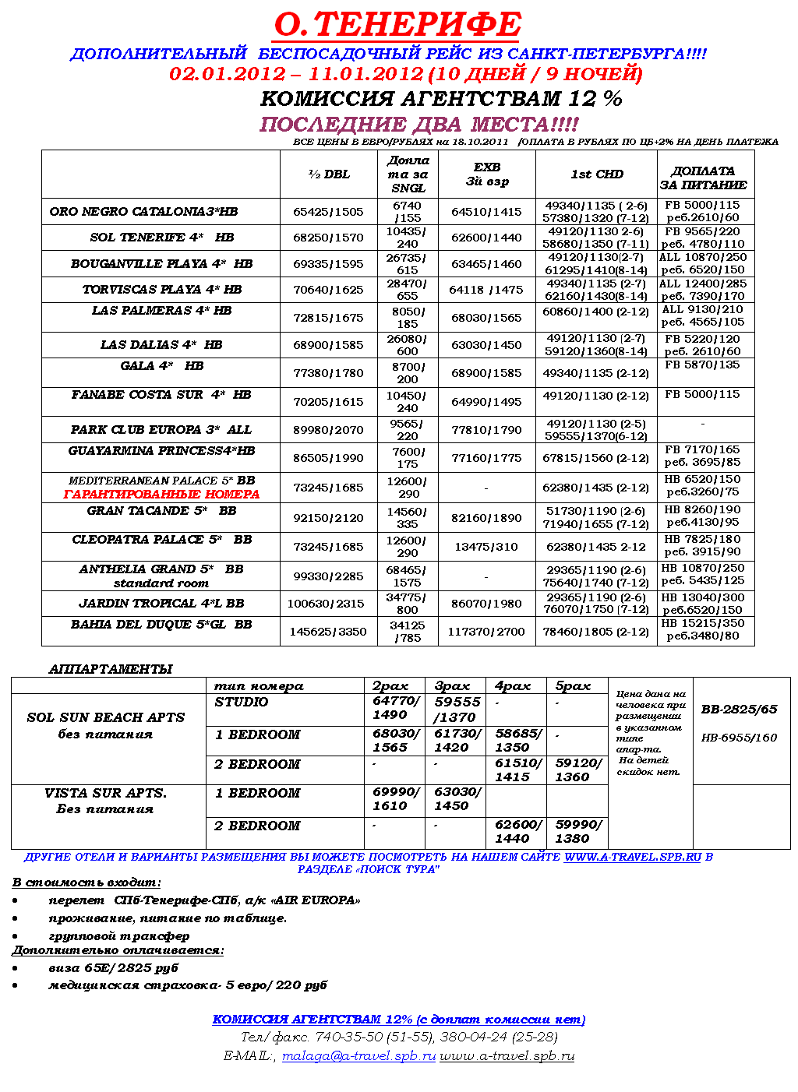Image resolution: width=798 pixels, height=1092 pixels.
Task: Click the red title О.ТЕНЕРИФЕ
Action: point(397,25)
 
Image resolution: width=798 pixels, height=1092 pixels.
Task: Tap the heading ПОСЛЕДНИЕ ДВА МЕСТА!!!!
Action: point(419,125)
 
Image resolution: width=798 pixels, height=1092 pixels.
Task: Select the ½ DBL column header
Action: point(329,174)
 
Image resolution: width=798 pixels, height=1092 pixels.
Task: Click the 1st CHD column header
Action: point(597,174)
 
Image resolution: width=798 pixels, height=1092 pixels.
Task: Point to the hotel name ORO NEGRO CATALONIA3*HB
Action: point(143,212)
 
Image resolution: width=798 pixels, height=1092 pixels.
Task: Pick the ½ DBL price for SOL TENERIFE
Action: point(328,238)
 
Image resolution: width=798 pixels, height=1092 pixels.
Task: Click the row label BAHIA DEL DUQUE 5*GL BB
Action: point(161,625)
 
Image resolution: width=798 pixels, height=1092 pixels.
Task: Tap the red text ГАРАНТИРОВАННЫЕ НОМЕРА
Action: point(161,495)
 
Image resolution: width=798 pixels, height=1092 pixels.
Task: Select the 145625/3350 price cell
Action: point(328,632)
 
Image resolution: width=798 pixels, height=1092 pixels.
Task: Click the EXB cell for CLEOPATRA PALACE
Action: point(486,547)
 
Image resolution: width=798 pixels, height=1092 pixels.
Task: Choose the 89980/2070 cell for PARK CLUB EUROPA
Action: point(328,430)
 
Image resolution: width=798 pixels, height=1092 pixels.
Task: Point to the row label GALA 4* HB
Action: point(161,366)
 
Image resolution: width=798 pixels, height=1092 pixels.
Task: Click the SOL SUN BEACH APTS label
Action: point(106,717)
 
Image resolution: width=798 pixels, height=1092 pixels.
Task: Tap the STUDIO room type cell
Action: point(242,702)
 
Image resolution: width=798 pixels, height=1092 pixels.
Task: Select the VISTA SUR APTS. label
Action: point(105,793)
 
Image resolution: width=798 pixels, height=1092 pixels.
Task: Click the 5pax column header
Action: point(573,686)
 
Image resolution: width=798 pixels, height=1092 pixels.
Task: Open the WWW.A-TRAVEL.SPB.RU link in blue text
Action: point(633,857)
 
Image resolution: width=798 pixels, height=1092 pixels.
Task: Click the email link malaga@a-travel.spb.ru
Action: point(358,1056)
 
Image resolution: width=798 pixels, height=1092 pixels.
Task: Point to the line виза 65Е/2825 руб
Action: point(114,968)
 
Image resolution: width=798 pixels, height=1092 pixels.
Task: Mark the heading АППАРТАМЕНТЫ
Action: point(111,669)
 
